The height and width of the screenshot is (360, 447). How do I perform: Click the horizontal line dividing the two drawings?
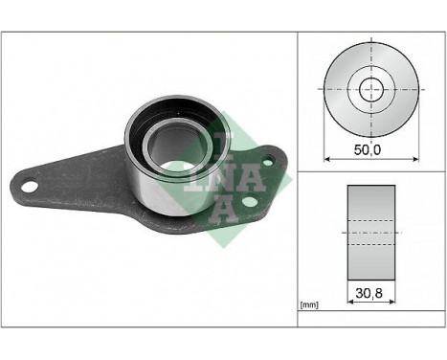point(369,172)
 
